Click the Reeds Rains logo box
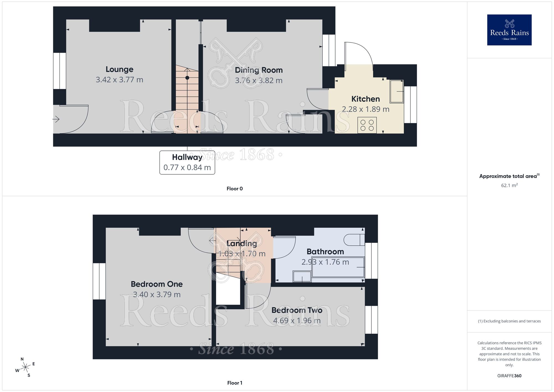(x=509, y=30)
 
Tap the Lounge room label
(x=119, y=69)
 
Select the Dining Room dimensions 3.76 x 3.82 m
(x=258, y=81)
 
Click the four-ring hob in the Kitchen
(x=367, y=125)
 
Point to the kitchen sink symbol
(x=396, y=91)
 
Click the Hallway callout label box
(x=187, y=162)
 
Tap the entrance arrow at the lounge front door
(x=56, y=119)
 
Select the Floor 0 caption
(x=235, y=189)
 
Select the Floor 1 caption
(x=235, y=383)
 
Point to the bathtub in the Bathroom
(x=338, y=267)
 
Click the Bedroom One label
(x=157, y=284)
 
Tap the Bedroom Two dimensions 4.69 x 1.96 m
(x=297, y=321)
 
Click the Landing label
(x=242, y=243)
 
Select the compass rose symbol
(x=25, y=367)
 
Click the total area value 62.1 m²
(x=509, y=185)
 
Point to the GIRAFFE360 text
(x=509, y=376)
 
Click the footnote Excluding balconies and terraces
(x=509, y=321)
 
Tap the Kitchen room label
(x=365, y=99)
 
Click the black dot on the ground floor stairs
(x=187, y=78)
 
